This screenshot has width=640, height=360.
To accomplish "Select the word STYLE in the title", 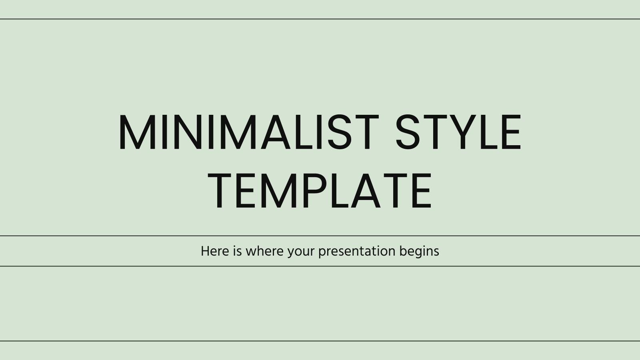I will [458, 133].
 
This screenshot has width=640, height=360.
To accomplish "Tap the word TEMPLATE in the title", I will [320, 191].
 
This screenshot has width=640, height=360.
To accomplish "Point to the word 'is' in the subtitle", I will [237, 251].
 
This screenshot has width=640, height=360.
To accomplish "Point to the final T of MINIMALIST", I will [366, 133].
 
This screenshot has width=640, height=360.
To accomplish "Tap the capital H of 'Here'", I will [204, 251].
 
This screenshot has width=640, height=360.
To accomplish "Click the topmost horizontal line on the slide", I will [320, 19].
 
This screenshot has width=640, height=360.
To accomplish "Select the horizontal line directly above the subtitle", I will [320, 236].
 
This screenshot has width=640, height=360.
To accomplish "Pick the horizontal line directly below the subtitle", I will [320, 266].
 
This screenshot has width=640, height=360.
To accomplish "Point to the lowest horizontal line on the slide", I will [320, 341].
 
